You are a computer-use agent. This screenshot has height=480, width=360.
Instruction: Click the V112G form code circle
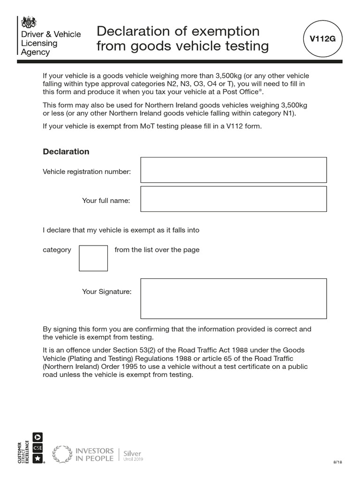tap(322, 39)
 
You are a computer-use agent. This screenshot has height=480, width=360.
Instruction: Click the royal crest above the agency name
tap(29, 22)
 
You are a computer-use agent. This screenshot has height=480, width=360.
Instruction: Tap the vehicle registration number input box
tap(233, 170)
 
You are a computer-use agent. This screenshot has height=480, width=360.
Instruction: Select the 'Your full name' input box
tap(233, 199)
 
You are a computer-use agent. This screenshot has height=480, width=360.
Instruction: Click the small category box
tap(93, 258)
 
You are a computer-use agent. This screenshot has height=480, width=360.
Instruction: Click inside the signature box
tap(233, 299)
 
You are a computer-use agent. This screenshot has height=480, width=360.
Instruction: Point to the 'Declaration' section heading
tap(66, 151)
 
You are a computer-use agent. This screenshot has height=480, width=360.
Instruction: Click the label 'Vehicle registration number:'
tap(87, 172)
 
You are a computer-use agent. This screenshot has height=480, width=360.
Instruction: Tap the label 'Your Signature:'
tap(107, 292)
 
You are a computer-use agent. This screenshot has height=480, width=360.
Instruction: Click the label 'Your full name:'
tap(106, 201)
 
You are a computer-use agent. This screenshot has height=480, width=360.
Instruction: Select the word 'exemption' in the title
tap(224, 31)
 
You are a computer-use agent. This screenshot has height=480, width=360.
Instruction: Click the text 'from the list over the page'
tap(157, 249)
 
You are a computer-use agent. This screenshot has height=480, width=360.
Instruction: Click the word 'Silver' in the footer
tap(132, 453)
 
